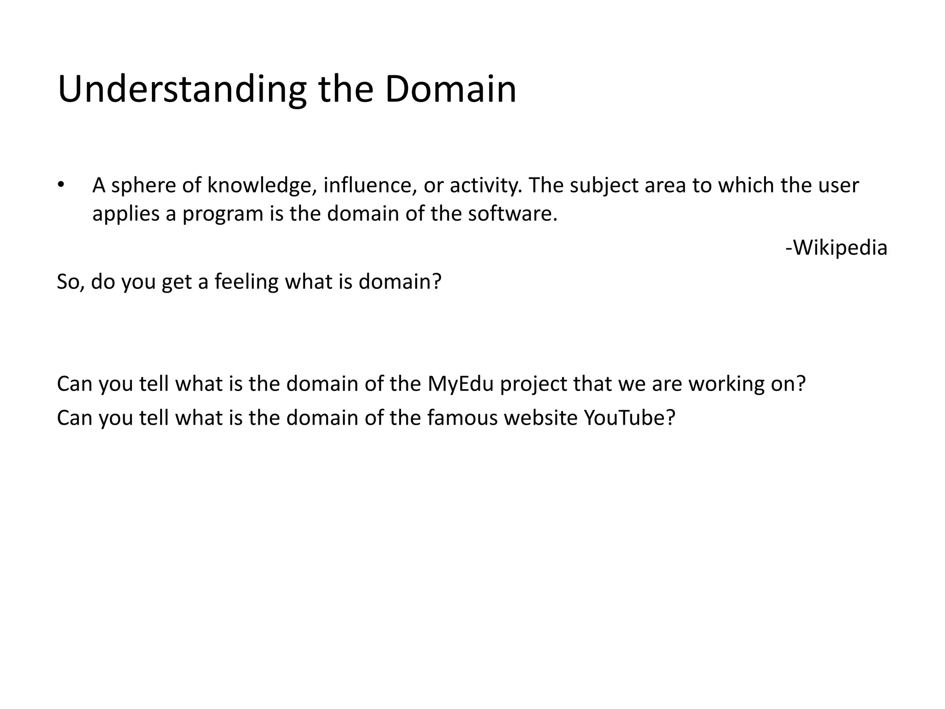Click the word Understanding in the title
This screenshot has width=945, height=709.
[x=182, y=90]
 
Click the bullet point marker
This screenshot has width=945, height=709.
[x=61, y=185]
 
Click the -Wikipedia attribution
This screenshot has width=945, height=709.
[x=836, y=248]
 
